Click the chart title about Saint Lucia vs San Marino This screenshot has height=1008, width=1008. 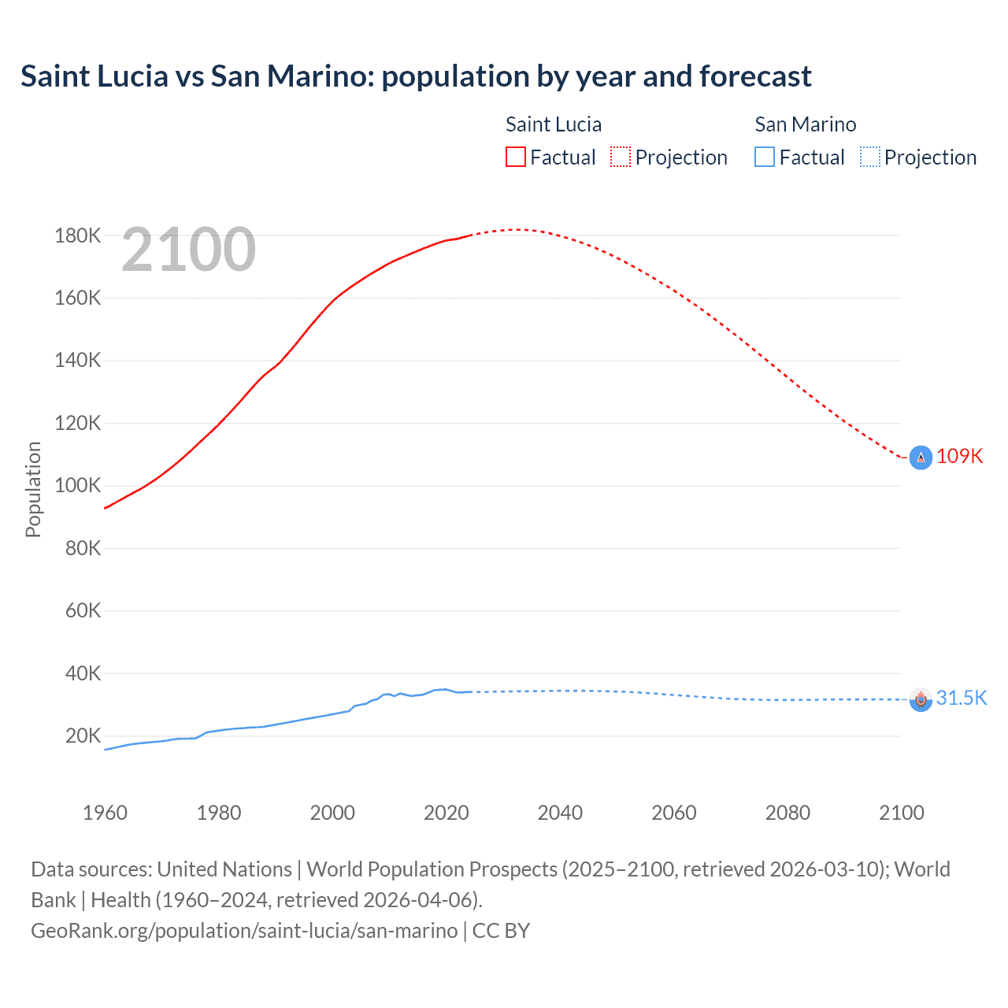pyautogui.click(x=416, y=76)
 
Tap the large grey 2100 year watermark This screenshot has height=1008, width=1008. pyautogui.click(x=189, y=250)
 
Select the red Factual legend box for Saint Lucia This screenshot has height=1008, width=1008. pyautogui.click(x=516, y=157)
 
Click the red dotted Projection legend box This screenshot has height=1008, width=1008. pyautogui.click(x=621, y=157)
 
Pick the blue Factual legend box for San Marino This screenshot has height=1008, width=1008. pyautogui.click(x=765, y=157)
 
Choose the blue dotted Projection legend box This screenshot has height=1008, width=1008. pyautogui.click(x=869, y=157)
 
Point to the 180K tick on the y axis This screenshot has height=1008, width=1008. pyautogui.click(x=78, y=235)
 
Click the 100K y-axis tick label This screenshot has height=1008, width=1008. pyautogui.click(x=78, y=485)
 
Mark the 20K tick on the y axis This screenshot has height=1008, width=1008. pyautogui.click(x=83, y=736)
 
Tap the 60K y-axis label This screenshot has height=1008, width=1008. pyautogui.click(x=83, y=610)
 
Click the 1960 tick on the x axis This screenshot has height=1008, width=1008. pyautogui.click(x=105, y=813)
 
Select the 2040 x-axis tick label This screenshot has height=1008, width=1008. pyautogui.click(x=560, y=813)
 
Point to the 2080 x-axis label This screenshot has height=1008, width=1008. pyautogui.click(x=787, y=813)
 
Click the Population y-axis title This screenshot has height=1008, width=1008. pyautogui.click(x=33, y=489)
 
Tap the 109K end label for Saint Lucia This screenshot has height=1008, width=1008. pyautogui.click(x=959, y=457)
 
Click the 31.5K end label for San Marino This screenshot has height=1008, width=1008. pyautogui.click(x=961, y=699)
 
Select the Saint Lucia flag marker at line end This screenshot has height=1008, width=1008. pyautogui.click(x=921, y=458)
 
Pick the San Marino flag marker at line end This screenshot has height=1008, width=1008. pyautogui.click(x=921, y=699)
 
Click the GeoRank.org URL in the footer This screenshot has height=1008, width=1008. pyautogui.click(x=244, y=931)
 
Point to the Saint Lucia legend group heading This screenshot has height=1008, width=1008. pyautogui.click(x=554, y=124)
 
